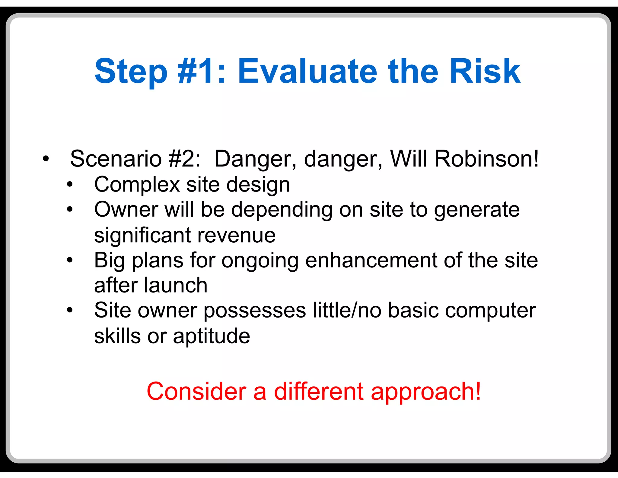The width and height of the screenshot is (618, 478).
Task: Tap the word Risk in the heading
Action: pyautogui.click(x=485, y=72)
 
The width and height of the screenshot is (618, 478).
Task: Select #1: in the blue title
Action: pyautogui.click(x=202, y=72)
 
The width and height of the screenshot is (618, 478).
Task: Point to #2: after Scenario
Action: pyautogui.click(x=184, y=159)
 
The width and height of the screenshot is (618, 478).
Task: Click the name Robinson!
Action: pyautogui.click(x=486, y=159)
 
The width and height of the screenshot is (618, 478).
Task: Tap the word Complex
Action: pyautogui.click(x=137, y=185)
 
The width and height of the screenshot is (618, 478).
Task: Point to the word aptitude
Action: pyautogui.click(x=211, y=336)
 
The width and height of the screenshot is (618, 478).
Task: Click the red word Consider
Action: pyautogui.click(x=196, y=391)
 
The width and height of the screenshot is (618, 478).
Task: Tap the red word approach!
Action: pyautogui.click(x=426, y=392)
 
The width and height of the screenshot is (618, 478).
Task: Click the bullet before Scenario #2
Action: pyautogui.click(x=46, y=159)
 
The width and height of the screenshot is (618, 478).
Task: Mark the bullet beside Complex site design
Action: pyautogui.click(x=70, y=184)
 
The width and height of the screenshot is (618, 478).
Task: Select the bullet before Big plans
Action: pyautogui.click(x=70, y=260)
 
